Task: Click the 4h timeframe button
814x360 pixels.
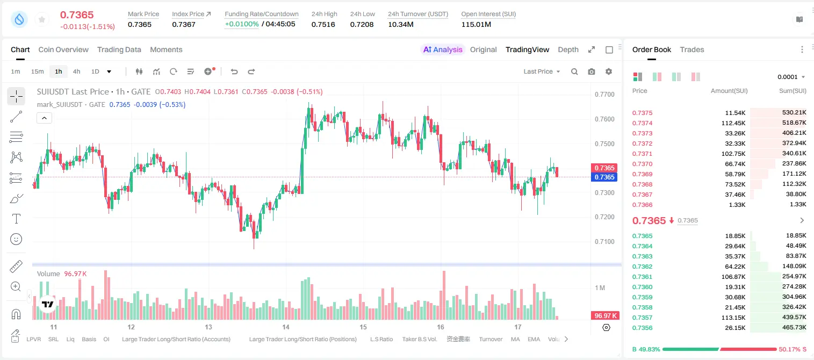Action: click(x=76, y=71)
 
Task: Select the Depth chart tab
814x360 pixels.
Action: click(x=568, y=50)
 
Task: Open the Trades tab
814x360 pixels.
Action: click(x=692, y=50)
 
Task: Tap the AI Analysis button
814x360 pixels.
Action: click(x=443, y=50)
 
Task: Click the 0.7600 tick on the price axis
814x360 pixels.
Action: click(x=604, y=119)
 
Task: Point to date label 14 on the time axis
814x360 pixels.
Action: click(x=286, y=327)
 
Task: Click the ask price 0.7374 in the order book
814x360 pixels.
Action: click(x=642, y=123)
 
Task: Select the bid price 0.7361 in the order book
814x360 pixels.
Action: click(x=642, y=277)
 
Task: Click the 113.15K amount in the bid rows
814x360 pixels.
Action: click(x=733, y=318)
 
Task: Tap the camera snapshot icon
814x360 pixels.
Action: click(x=592, y=71)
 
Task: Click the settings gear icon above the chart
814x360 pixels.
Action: click(x=609, y=71)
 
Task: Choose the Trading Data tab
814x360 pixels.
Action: click(x=119, y=50)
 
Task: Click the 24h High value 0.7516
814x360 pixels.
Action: click(x=323, y=24)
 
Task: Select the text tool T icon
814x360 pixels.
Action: click(x=16, y=219)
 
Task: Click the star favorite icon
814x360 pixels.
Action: click(x=42, y=19)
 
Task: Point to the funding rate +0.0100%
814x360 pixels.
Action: click(x=242, y=24)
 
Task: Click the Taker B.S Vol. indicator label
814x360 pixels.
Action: click(x=420, y=339)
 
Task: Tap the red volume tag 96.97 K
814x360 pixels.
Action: click(x=605, y=316)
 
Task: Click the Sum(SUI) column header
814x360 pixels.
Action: click(x=793, y=91)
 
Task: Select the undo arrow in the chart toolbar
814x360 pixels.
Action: click(x=234, y=71)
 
